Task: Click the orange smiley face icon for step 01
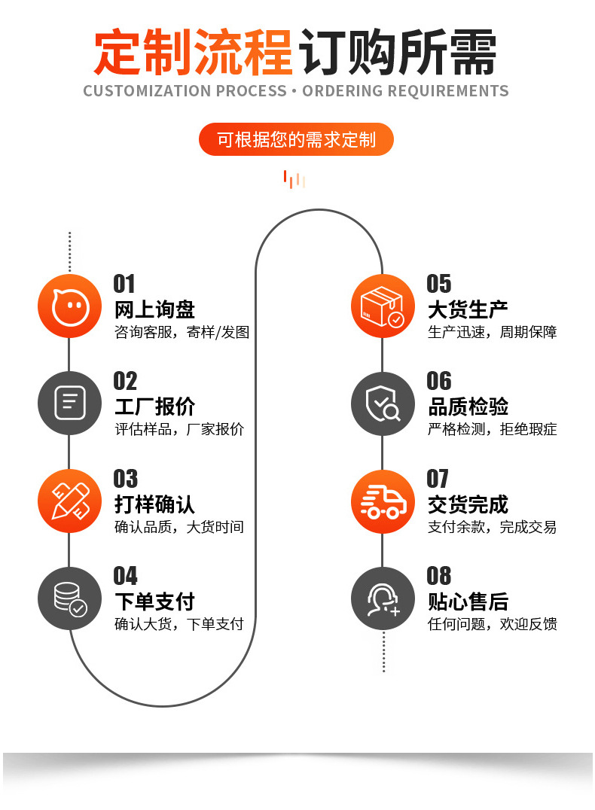[x=69, y=306]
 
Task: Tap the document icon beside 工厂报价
[x=69, y=403]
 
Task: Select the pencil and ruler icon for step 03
[x=69, y=501]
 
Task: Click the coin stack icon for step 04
[x=69, y=598]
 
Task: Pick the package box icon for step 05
[x=383, y=306]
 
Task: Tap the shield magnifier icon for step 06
[x=383, y=403]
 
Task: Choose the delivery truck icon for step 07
[x=383, y=501]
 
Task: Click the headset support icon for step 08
[x=383, y=598]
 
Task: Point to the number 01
[x=124, y=284]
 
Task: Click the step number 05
[x=438, y=284]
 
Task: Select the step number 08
[x=438, y=577]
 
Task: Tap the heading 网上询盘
[x=154, y=309]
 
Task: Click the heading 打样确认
[x=154, y=504]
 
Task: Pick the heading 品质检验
[x=468, y=407]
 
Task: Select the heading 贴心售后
[x=468, y=601]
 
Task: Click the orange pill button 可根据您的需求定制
[x=296, y=140]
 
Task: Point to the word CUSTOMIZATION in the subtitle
[x=147, y=92]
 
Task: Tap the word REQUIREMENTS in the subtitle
[x=447, y=92]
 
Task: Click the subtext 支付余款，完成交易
[x=492, y=527]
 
